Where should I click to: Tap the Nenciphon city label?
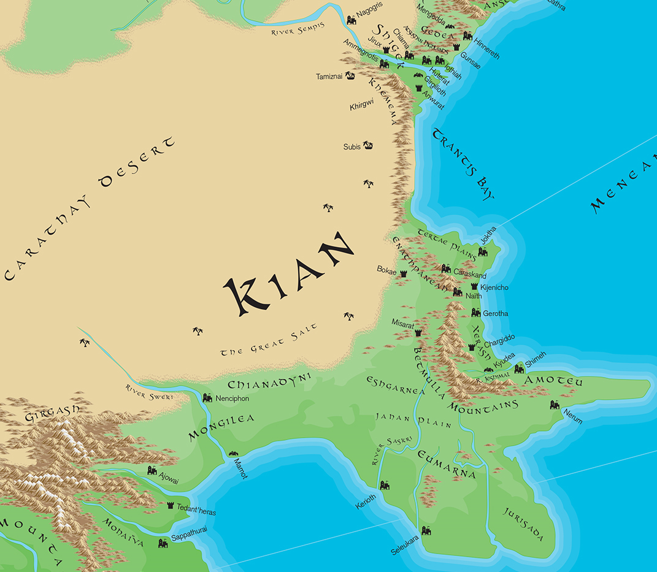[232, 398]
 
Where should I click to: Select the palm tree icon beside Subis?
[368, 146]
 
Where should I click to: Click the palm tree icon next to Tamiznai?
[350, 76]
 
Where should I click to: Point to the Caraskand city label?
[470, 276]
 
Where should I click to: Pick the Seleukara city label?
[405, 543]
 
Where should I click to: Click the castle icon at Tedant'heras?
[171, 505]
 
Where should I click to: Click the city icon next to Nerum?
[555, 405]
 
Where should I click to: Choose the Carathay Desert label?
[89, 208]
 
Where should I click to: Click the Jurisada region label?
[523, 524]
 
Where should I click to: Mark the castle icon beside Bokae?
[404, 273]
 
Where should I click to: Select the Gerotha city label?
[496, 313]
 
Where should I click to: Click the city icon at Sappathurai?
[163, 543]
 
